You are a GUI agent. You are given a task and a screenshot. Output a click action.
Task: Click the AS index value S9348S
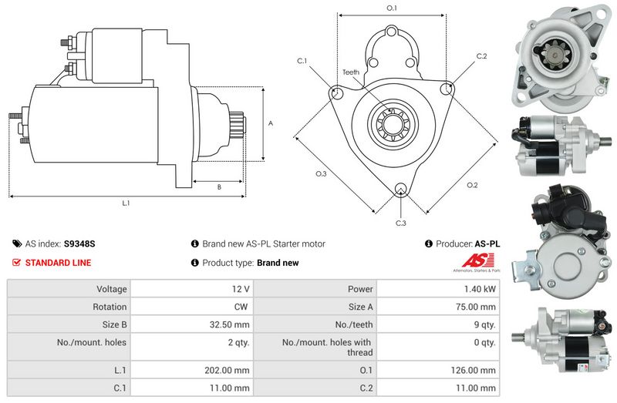click(x=79, y=243)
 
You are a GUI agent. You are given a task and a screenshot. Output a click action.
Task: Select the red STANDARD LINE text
click(x=58, y=263)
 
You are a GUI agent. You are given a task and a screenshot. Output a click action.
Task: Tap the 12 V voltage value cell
click(x=240, y=289)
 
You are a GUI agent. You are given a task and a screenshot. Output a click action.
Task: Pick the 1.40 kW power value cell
click(x=479, y=289)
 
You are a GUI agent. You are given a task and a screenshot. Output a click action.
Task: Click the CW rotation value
click(x=242, y=307)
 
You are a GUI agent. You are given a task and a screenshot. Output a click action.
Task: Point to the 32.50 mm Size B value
click(x=231, y=324)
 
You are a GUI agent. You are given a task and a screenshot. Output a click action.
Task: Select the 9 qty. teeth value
click(x=483, y=324)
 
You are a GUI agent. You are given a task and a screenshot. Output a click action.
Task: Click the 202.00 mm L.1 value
click(x=229, y=370)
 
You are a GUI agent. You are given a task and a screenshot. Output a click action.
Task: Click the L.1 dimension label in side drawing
click(x=126, y=203)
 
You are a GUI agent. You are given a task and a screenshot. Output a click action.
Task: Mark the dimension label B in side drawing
click(x=218, y=186)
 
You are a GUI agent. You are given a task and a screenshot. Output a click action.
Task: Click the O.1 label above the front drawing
click(x=391, y=8)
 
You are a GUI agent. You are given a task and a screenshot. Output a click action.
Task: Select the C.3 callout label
click(x=400, y=223)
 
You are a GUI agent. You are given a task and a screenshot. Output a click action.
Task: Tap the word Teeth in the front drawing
click(x=351, y=72)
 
